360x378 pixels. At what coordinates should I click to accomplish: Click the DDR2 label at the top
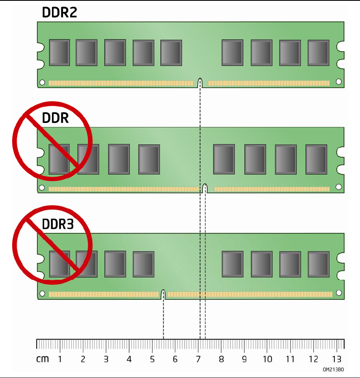click(x=59, y=13)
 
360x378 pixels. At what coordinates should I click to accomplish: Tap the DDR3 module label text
click(x=58, y=224)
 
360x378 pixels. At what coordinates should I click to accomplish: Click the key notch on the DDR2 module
click(x=200, y=83)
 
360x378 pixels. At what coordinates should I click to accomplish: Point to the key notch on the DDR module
click(x=205, y=189)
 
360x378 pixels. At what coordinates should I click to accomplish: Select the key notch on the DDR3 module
click(x=163, y=294)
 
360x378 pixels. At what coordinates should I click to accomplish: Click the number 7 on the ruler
click(x=198, y=359)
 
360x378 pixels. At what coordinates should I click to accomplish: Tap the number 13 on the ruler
click(x=336, y=359)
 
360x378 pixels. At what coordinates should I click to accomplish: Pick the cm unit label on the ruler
click(x=42, y=359)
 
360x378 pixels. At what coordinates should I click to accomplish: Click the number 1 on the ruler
click(x=60, y=359)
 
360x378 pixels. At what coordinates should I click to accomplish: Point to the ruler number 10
click(x=267, y=359)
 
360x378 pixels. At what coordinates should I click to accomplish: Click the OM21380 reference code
click(x=333, y=370)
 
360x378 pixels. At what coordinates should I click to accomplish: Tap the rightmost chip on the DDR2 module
click(x=318, y=53)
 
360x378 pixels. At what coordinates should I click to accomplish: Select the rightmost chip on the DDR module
click(x=316, y=159)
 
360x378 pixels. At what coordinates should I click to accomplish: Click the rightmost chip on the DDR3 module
click(x=318, y=264)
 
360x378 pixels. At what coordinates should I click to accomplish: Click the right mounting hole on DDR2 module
click(x=338, y=82)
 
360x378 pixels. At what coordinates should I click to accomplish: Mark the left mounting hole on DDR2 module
click(x=42, y=82)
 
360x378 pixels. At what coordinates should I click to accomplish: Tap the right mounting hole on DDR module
click(x=338, y=187)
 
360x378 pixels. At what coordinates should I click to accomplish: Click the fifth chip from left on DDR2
click(x=171, y=53)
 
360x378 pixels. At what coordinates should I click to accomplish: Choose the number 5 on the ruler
click(x=152, y=359)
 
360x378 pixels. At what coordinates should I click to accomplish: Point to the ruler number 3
click(x=106, y=359)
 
